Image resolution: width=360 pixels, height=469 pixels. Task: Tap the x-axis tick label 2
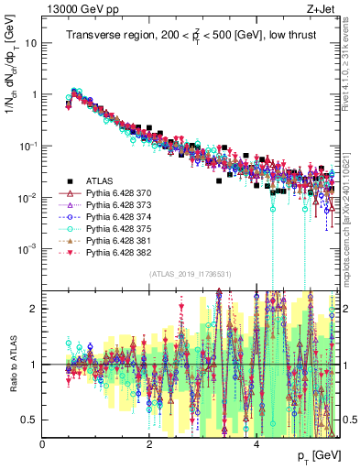[x=149, y=443]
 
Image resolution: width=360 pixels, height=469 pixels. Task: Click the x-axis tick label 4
[x=256, y=443]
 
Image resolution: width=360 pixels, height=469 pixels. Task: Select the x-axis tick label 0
[x=42, y=443]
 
